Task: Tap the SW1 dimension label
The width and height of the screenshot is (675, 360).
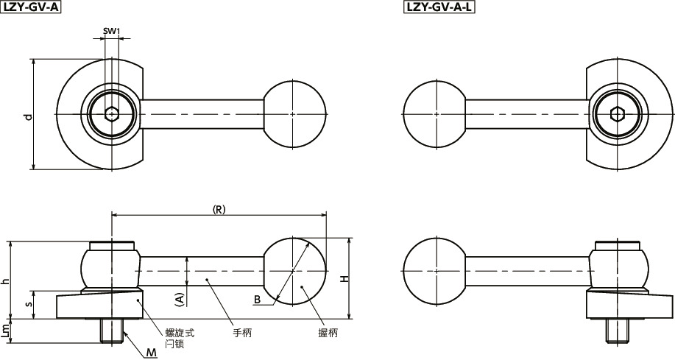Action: (x=111, y=31)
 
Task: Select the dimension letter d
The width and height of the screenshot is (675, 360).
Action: (x=27, y=116)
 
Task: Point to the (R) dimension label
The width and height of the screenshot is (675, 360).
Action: (x=219, y=209)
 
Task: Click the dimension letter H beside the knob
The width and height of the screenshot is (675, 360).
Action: (x=343, y=279)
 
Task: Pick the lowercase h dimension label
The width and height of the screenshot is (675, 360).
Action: (x=6, y=280)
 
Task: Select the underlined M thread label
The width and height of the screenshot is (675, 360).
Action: (x=152, y=353)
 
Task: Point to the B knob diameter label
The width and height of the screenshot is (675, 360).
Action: (x=257, y=300)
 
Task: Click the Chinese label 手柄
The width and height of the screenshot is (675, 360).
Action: (x=242, y=333)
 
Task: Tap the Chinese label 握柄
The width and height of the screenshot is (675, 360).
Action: (x=328, y=333)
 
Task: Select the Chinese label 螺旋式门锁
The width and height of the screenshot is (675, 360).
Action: (x=174, y=338)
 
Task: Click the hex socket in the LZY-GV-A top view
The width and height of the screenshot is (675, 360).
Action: (x=111, y=114)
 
